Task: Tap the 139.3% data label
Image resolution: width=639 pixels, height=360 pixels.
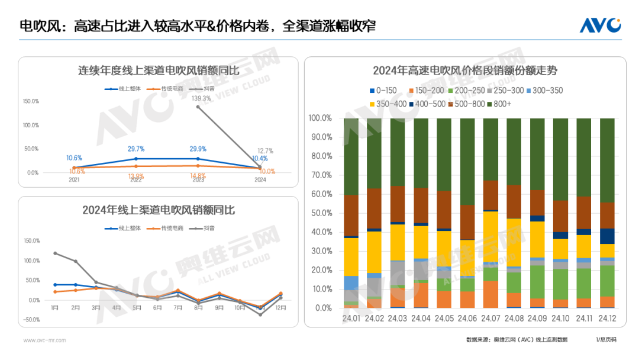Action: pyautogui.click(x=201, y=98)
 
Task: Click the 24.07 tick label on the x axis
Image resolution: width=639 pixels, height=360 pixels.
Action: pyautogui.click(x=490, y=318)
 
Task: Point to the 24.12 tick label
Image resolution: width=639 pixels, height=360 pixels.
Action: pyautogui.click(x=607, y=318)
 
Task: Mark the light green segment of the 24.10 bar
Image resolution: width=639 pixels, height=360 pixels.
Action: pyautogui.click(x=561, y=284)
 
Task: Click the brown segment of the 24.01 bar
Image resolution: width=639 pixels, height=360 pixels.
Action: pyautogui.click(x=351, y=216)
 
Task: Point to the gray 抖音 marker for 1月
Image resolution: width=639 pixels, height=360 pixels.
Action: pyautogui.click(x=55, y=253)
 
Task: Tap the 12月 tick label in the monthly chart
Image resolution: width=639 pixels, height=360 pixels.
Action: pyautogui.click(x=281, y=307)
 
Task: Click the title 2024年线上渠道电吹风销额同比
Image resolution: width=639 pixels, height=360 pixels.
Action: pyautogui.click(x=159, y=210)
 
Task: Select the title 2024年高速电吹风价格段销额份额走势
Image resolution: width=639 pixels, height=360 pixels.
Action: pyautogui.click(x=465, y=70)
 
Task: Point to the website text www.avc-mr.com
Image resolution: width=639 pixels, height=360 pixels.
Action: pyautogui.click(x=44, y=340)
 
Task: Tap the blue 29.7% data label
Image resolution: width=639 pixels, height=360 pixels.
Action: pyautogui.click(x=136, y=149)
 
